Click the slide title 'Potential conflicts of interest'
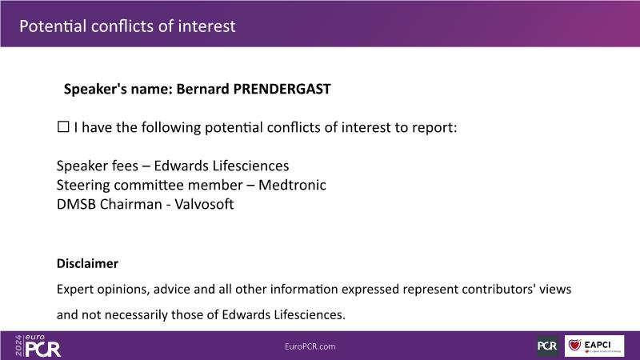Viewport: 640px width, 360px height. (127, 26)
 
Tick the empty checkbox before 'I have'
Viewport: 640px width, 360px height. (63, 126)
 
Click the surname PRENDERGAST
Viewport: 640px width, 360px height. (282, 89)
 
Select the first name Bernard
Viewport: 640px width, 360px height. (202, 89)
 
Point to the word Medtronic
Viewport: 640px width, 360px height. (292, 185)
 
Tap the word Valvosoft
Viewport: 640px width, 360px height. (204, 204)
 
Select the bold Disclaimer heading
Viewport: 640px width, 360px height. (87, 264)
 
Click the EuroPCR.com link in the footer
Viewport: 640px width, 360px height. (310, 346)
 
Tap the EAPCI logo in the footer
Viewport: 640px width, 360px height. (594, 346)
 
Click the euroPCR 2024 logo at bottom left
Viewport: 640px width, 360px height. (38, 346)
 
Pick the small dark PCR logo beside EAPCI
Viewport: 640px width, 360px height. (547, 346)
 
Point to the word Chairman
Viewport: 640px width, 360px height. (131, 204)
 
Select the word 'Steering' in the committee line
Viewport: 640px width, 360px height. (83, 186)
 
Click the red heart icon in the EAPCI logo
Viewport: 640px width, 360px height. (574, 346)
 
